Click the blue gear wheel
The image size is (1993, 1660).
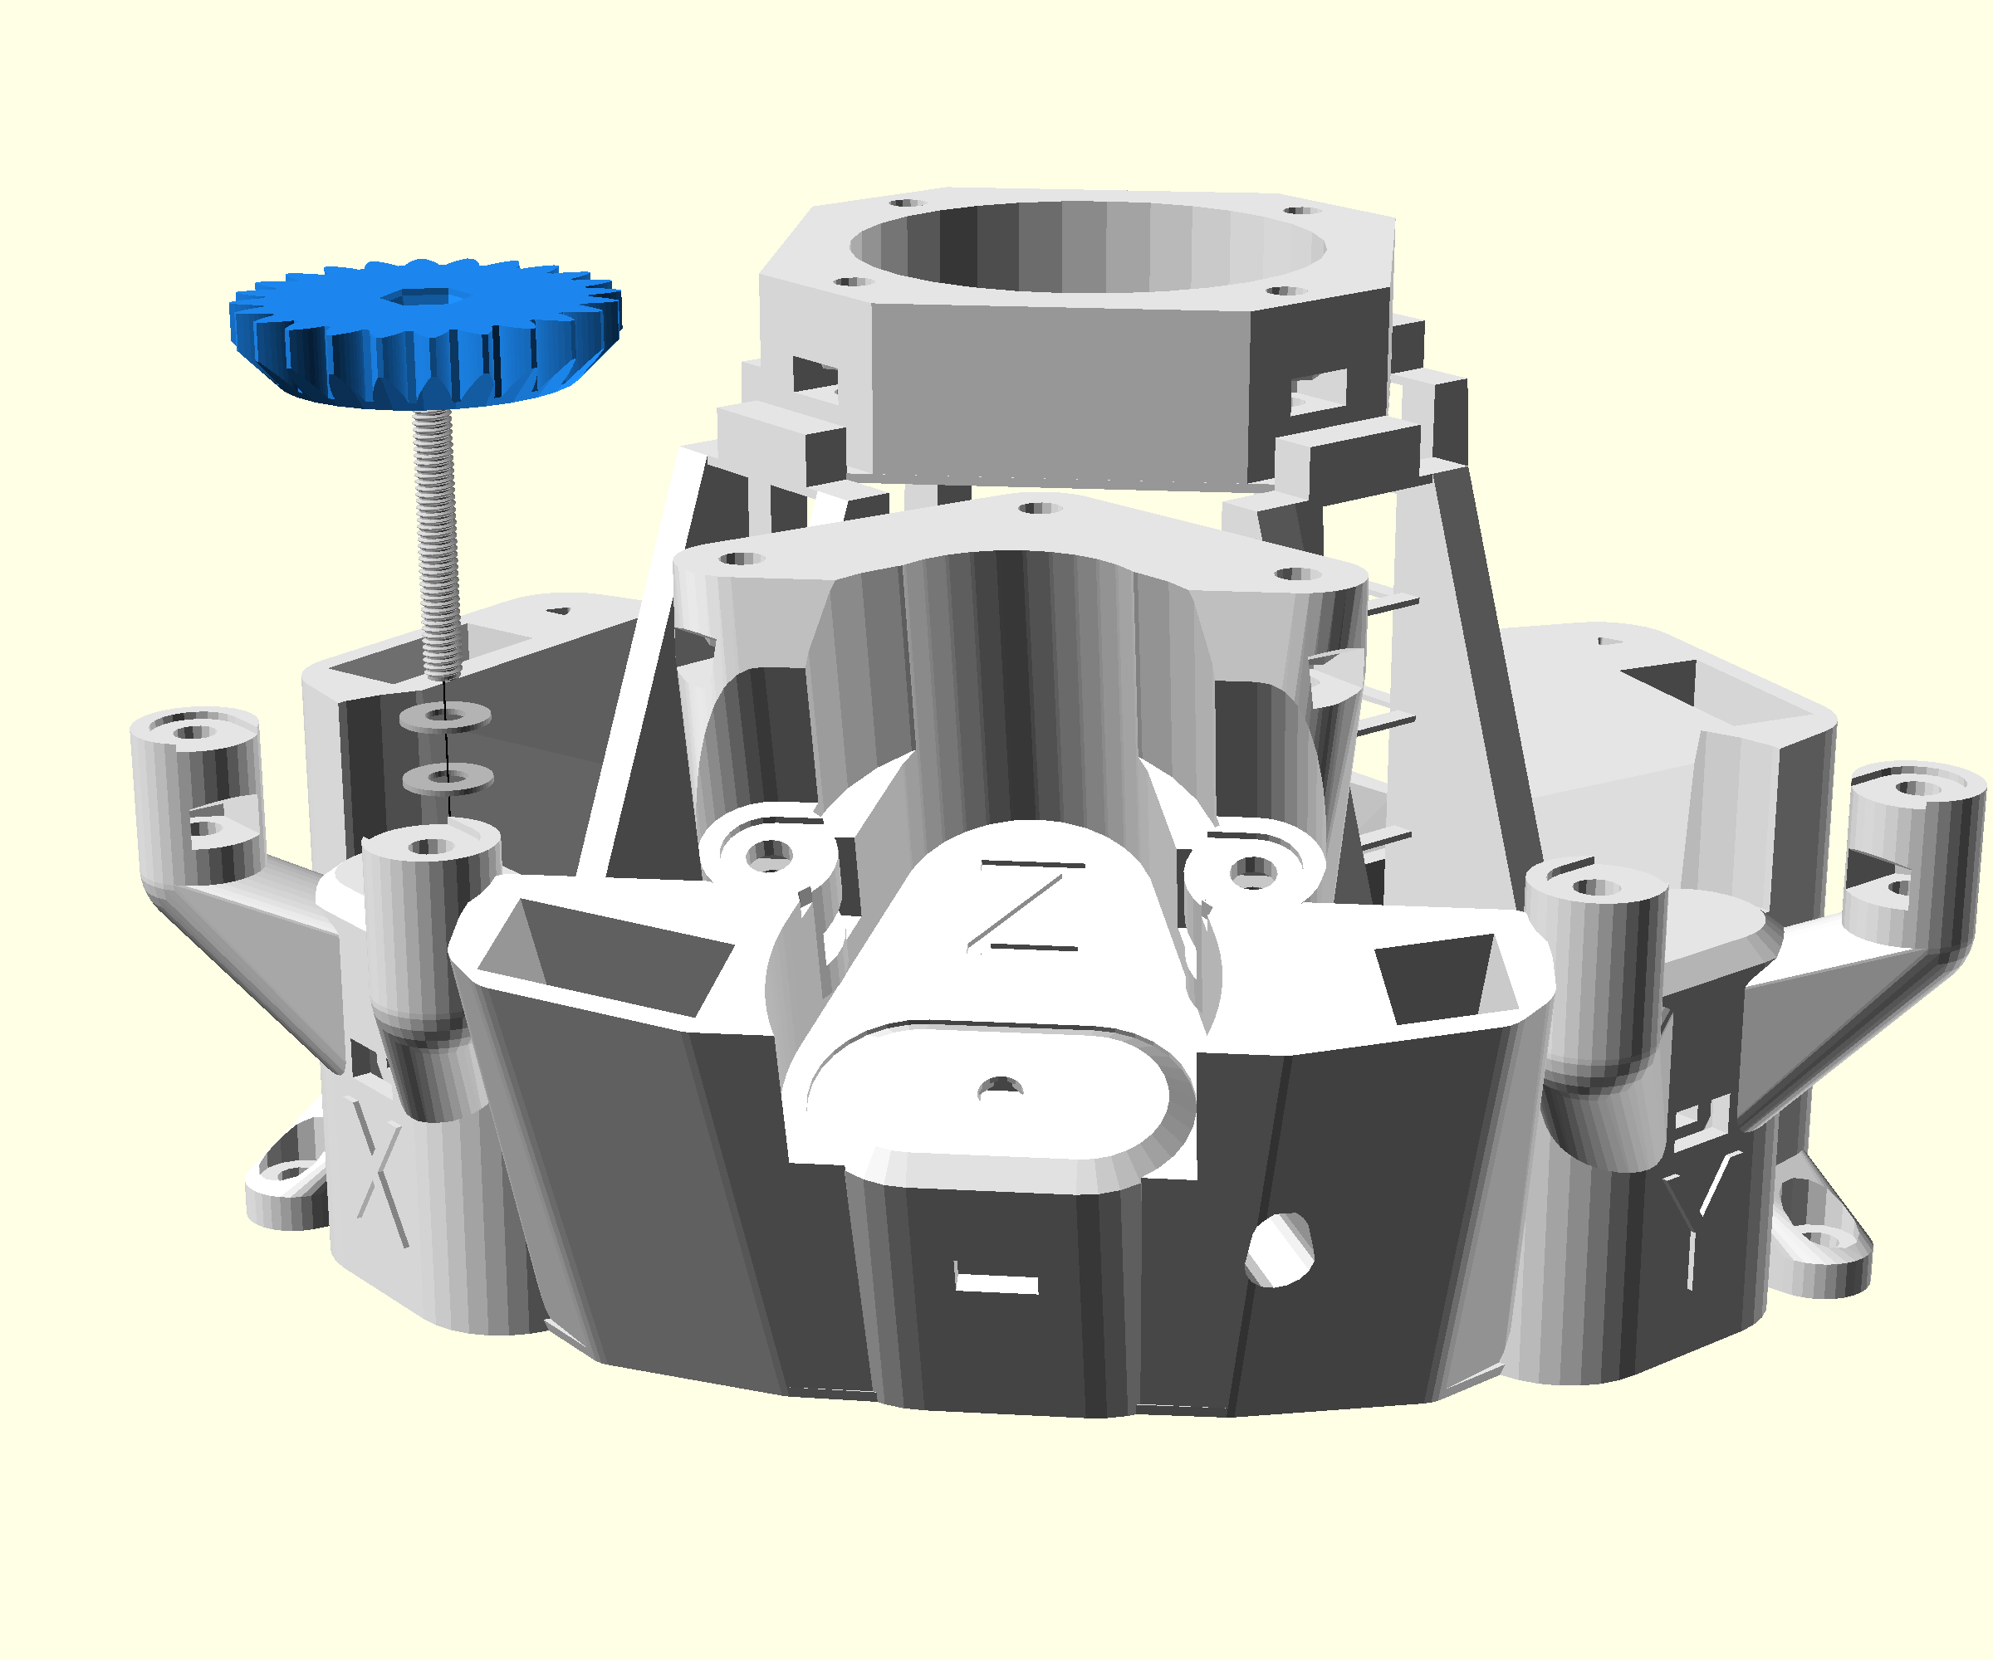(x=425, y=332)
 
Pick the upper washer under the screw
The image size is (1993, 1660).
(x=445, y=715)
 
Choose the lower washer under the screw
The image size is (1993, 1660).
(x=448, y=778)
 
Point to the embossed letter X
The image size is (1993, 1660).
(x=379, y=1169)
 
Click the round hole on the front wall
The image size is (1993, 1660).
(x=1281, y=1249)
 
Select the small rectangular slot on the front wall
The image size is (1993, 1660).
(x=996, y=1282)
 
